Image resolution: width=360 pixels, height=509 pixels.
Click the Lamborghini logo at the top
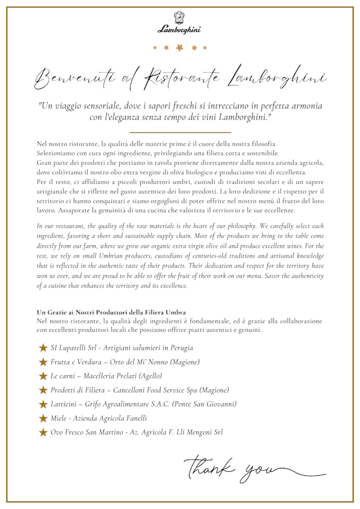179,23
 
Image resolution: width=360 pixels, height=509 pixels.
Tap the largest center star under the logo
179,48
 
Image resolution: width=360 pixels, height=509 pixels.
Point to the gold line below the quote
180,132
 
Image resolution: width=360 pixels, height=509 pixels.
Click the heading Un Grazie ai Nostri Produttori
111,312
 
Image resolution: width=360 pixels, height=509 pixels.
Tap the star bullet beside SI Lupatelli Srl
43,348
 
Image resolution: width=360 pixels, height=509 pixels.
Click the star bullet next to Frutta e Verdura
43,362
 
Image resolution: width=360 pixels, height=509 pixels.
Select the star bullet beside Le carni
43,376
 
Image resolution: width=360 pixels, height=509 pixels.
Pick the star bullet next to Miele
43,418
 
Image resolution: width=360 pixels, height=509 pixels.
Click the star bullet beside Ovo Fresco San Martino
43,432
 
